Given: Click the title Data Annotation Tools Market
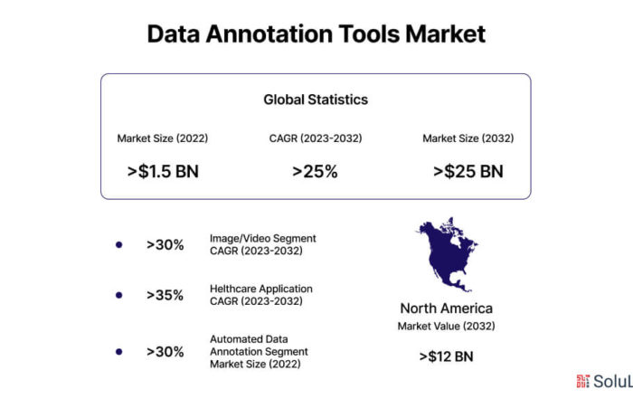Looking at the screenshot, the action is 316,33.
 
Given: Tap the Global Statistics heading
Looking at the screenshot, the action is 316,100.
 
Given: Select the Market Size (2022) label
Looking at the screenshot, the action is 163,138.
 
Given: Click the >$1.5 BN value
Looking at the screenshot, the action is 163,171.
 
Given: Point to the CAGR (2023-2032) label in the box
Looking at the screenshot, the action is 316,138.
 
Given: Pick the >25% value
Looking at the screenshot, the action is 315,171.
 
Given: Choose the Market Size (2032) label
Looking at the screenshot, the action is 468,138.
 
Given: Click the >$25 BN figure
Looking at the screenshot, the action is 468,171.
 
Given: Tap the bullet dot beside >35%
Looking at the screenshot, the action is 119,295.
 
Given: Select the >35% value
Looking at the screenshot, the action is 165,295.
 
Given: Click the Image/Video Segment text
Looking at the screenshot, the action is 263,238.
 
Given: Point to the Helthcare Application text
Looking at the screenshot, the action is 261,289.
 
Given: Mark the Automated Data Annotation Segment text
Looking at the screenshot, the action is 259,346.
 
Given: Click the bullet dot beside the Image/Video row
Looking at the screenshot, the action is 119,244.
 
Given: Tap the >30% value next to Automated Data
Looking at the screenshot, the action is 165,352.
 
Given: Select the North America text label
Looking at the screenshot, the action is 447,309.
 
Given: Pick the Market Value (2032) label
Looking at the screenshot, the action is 447,326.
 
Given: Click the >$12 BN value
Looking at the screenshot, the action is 447,356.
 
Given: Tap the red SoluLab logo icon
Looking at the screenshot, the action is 583,381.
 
